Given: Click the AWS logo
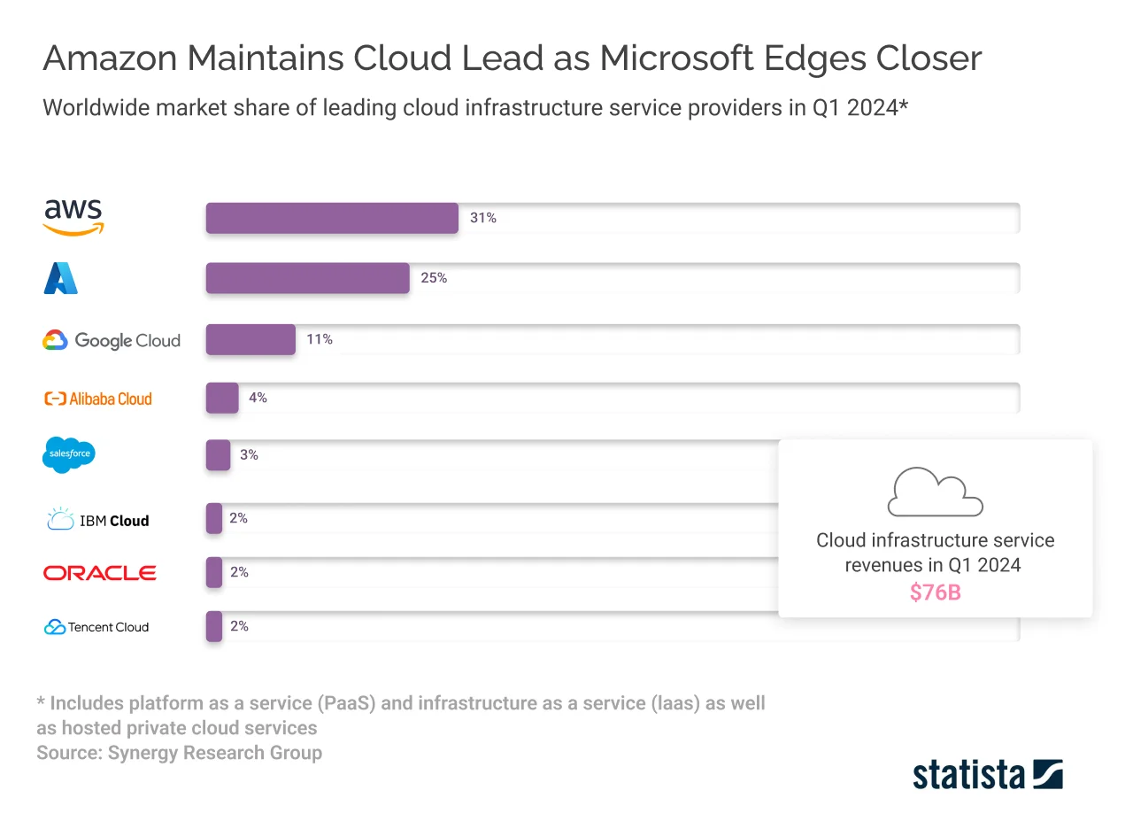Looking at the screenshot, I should click(73, 217).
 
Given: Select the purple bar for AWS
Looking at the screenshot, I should click(332, 218).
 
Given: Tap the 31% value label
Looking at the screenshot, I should click(483, 218).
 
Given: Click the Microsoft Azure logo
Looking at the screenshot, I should click(61, 278).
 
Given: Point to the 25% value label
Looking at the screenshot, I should click(434, 278).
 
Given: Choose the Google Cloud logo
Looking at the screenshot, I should click(112, 340).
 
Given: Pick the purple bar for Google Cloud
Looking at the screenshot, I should click(250, 339).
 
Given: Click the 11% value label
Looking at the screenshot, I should click(320, 339).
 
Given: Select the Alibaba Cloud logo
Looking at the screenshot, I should click(98, 399).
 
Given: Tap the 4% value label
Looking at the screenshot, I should click(258, 398).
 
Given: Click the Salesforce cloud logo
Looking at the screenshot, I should click(68, 454).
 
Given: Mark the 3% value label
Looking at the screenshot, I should click(249, 455).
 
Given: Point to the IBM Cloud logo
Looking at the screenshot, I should click(97, 520).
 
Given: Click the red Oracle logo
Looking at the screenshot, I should click(100, 573).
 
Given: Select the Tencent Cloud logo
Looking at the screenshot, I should click(96, 627).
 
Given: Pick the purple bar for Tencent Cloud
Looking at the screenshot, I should click(214, 626).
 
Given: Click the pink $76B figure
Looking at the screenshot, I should click(935, 593).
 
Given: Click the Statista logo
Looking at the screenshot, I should click(987, 774).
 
